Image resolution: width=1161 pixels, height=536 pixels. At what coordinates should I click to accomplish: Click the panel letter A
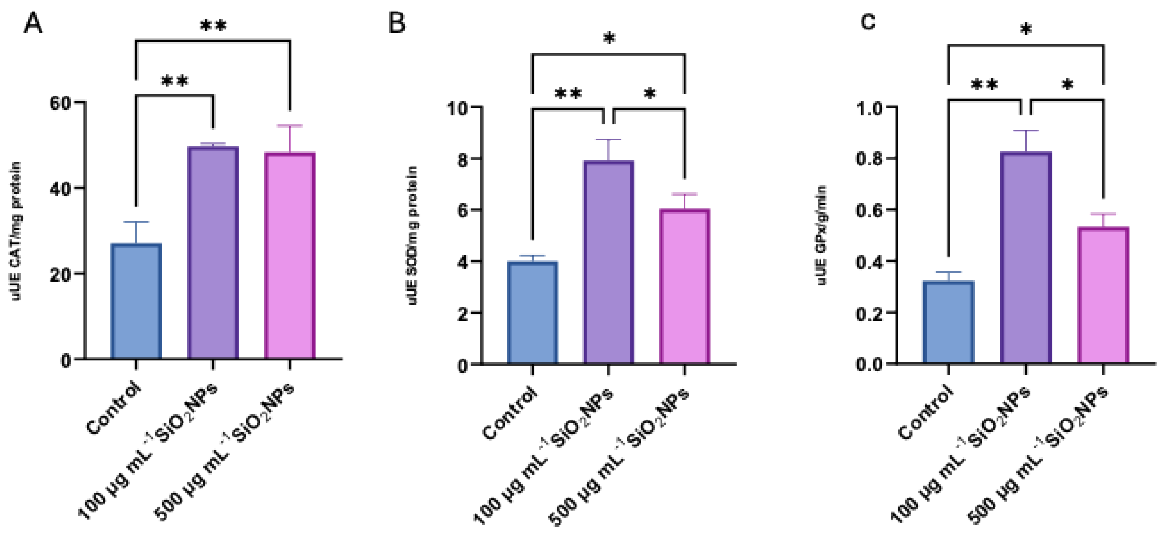pos(33,24)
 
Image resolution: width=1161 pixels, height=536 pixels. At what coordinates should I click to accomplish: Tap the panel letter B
pos(397,24)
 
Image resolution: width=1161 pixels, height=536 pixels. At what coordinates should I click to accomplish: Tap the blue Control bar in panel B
pos(533,313)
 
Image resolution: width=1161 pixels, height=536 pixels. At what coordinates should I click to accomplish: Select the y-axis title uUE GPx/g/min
pos(821,235)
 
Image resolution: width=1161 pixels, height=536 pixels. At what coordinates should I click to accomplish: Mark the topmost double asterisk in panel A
pos(213,26)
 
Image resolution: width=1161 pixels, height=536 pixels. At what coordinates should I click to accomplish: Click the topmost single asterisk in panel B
pos(609,39)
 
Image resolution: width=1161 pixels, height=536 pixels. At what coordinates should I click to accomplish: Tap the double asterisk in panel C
pos(984,85)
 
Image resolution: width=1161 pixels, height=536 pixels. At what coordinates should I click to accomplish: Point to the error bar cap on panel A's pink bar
pos(289,126)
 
